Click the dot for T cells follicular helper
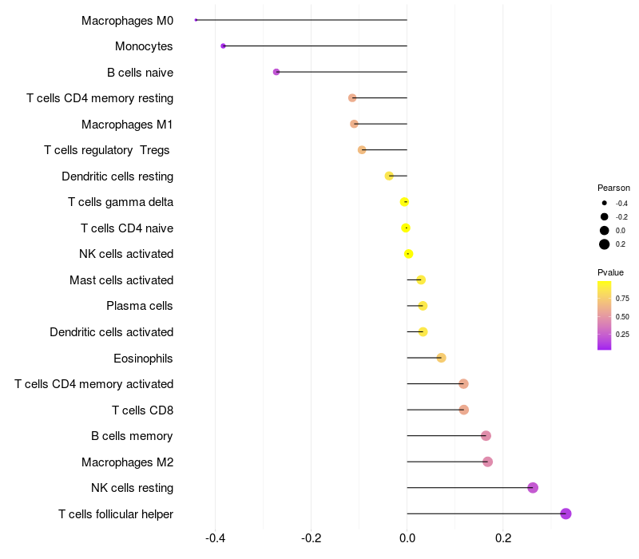pyautogui.click(x=566, y=513)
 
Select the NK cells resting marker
pyautogui.click(x=533, y=488)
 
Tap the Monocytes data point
pyautogui.click(x=223, y=46)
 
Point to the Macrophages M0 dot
pyautogui.click(x=196, y=20)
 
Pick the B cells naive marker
pyautogui.click(x=276, y=72)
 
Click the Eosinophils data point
pyautogui.click(x=441, y=358)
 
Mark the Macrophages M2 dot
pyautogui.click(x=487, y=462)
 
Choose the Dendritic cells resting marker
pyautogui.click(x=389, y=176)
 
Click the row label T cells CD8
pyautogui.click(x=142, y=410)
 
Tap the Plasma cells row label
pyautogui.click(x=140, y=306)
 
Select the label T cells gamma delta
pyautogui.click(x=121, y=202)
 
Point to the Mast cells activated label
pyautogui.click(x=121, y=280)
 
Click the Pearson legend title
pyautogui.click(x=613, y=188)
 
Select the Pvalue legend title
pyautogui.click(x=610, y=272)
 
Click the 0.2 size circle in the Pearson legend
pyautogui.click(x=605, y=244)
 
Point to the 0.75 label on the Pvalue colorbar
pyautogui.click(x=622, y=299)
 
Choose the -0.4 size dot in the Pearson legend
pyautogui.click(x=605, y=204)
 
